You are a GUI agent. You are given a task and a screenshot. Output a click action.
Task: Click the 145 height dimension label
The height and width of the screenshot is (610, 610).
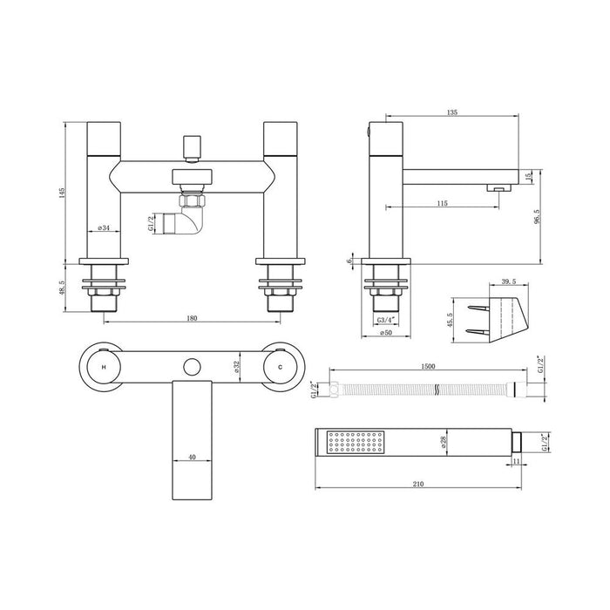(x=62, y=193)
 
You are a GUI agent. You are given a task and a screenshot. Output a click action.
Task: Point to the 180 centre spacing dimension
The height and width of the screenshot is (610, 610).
(x=192, y=318)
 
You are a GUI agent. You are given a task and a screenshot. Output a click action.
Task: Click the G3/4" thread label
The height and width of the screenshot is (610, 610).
(x=385, y=322)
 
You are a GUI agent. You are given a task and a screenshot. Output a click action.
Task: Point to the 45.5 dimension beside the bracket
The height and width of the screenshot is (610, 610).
(x=450, y=321)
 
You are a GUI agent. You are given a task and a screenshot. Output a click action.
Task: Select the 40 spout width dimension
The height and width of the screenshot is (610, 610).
(x=193, y=456)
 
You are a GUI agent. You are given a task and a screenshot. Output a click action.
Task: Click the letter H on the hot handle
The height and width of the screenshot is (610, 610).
(x=104, y=367)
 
